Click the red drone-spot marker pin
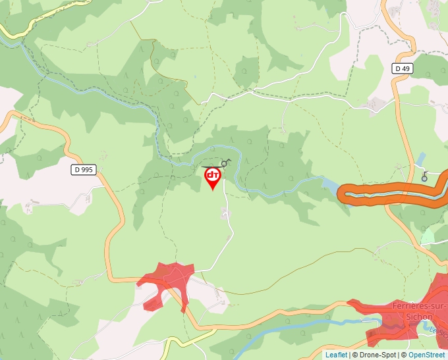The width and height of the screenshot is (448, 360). coord(213,177)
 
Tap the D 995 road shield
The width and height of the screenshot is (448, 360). coord(84,169)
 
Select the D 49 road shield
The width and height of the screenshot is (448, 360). coord(402,68)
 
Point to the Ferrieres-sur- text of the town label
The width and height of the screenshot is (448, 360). coord(420,306)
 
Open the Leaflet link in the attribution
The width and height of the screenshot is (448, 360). coord(336,355)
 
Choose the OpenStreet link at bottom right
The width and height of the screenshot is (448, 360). coord(428,355)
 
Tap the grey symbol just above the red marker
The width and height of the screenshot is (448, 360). coord(227,162)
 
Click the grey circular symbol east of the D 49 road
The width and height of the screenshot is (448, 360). coord(425,176)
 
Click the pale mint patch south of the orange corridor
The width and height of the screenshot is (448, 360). coord(428,234)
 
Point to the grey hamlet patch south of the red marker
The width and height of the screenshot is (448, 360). coord(227,213)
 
